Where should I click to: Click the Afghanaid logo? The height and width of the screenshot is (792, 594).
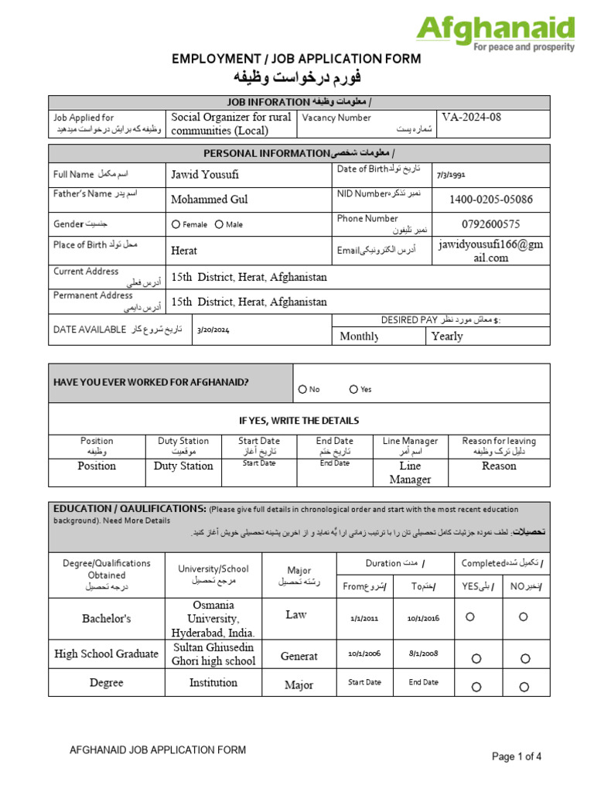pyautogui.click(x=495, y=32)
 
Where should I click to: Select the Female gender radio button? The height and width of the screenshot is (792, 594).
pyautogui.click(x=176, y=224)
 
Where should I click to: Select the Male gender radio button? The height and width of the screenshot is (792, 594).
pyautogui.click(x=219, y=224)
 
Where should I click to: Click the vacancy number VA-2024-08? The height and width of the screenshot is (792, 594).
pyautogui.click(x=472, y=118)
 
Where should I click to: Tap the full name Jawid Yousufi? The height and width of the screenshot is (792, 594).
pyautogui.click(x=205, y=175)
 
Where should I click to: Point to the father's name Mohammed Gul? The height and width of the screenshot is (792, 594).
pyautogui.click(x=210, y=200)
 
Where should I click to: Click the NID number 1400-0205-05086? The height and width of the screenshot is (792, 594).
pyautogui.click(x=491, y=200)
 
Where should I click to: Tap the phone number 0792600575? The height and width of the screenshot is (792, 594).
pyautogui.click(x=491, y=224)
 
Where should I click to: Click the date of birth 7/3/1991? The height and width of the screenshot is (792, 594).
pyautogui.click(x=452, y=176)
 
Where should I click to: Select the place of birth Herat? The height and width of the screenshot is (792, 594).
pyautogui.click(x=184, y=251)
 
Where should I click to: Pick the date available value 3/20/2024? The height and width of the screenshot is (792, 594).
pyautogui.click(x=213, y=330)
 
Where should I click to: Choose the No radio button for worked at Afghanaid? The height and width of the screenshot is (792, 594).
pyautogui.click(x=302, y=390)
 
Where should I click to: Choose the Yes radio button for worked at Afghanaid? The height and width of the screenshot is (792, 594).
pyautogui.click(x=353, y=390)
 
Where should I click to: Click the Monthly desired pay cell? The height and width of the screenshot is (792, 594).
pyautogui.click(x=360, y=336)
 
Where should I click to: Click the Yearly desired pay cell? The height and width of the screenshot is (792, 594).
pyautogui.click(x=448, y=336)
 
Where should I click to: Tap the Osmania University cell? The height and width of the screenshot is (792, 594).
pyautogui.click(x=214, y=619)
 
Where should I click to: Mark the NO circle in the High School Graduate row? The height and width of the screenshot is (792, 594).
pyautogui.click(x=525, y=658)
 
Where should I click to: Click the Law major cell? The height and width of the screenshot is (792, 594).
pyautogui.click(x=295, y=615)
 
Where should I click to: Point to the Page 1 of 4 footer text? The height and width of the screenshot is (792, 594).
pyautogui.click(x=517, y=757)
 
